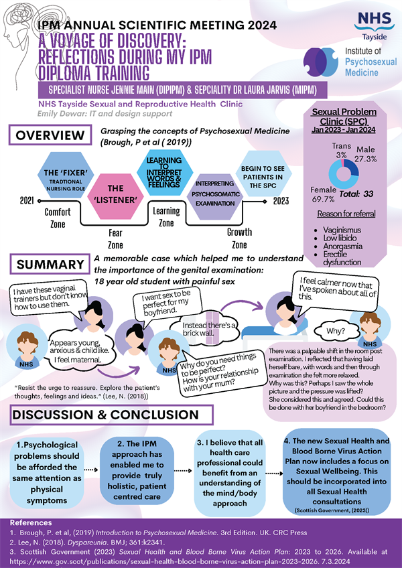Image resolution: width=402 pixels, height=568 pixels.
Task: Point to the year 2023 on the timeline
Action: point(280,200)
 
